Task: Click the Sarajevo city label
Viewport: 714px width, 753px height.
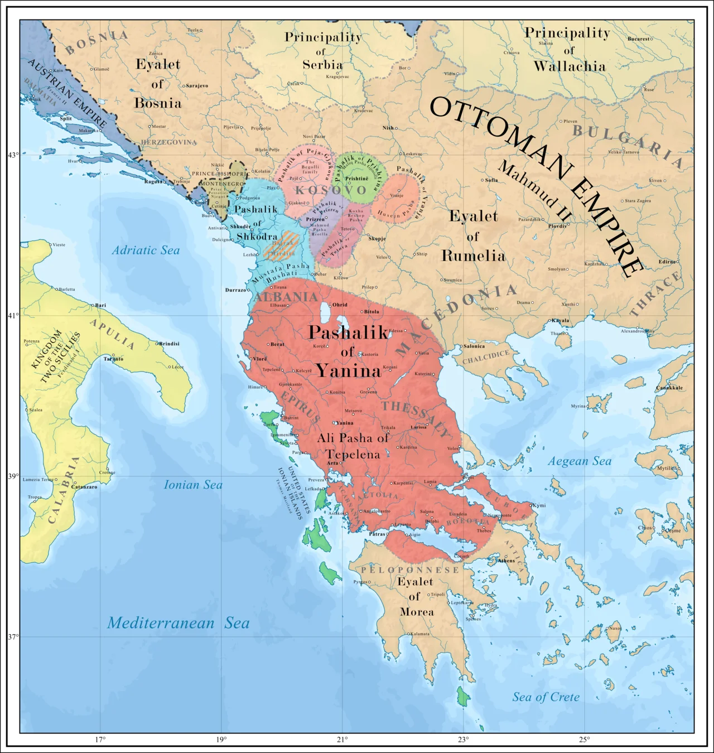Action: (x=197, y=86)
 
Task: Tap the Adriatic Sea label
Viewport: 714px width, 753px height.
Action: (x=146, y=250)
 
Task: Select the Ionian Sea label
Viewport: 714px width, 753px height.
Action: (x=193, y=485)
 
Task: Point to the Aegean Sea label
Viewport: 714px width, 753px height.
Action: (x=580, y=461)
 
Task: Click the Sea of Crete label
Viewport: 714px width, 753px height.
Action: (x=546, y=697)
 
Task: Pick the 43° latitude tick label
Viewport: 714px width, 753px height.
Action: (x=12, y=155)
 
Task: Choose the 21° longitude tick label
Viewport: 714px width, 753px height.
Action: (x=342, y=740)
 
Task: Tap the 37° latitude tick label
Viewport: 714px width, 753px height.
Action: (x=12, y=636)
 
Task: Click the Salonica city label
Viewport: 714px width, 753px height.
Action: (x=474, y=346)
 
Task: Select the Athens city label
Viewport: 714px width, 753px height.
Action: (x=506, y=561)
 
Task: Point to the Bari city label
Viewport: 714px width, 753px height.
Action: (x=100, y=306)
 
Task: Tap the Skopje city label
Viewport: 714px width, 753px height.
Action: (x=377, y=239)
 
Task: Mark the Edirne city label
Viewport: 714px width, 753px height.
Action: (x=667, y=262)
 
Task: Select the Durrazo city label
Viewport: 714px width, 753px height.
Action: (x=235, y=290)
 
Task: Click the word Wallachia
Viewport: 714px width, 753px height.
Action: (x=569, y=66)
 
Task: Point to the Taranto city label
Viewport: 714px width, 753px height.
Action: (x=113, y=359)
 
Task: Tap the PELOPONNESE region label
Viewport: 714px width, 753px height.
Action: (x=410, y=569)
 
